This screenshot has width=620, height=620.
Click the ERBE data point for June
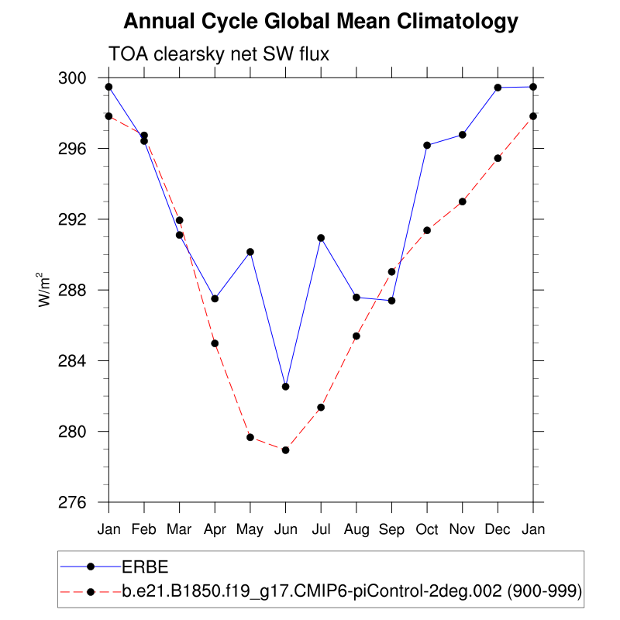[x=285, y=387]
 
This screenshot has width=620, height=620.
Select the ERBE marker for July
[x=321, y=238]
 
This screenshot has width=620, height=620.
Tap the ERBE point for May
[x=250, y=252]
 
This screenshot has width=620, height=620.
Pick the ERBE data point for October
[x=427, y=145]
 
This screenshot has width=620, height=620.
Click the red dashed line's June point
[x=285, y=449]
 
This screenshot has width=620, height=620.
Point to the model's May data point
[x=250, y=437]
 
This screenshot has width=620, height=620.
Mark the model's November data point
[x=463, y=201]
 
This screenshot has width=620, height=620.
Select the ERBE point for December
[x=498, y=88]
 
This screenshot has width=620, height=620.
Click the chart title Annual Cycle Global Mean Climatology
[x=321, y=21]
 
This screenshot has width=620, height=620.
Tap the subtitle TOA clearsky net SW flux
[x=220, y=53]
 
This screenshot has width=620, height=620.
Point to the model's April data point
[x=215, y=343]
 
